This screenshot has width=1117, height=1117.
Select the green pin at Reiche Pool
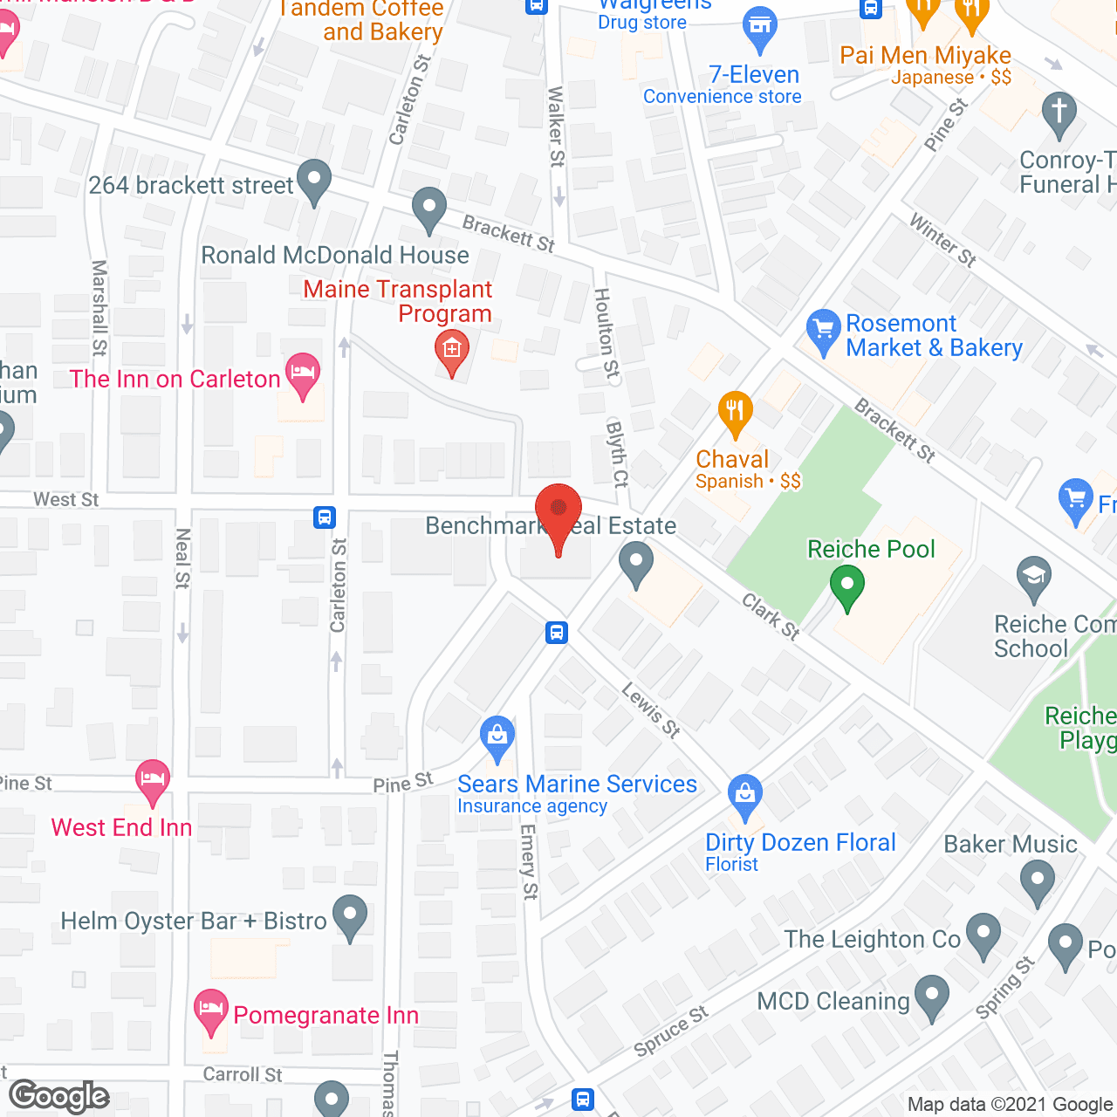[846, 586]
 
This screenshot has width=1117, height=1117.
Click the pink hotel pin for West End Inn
[153, 779]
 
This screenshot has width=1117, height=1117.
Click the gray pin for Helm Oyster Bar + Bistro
[350, 916]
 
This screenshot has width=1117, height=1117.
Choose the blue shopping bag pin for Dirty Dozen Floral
[744, 795]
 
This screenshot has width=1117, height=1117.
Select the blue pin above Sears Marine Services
[497, 737]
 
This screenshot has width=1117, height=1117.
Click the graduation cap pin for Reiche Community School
[1034, 578]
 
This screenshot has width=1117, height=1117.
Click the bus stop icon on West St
[325, 517]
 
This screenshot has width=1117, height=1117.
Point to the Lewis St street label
[650, 709]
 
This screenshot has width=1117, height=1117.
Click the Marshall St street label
[99, 308]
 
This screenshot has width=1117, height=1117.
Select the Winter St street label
[942, 240]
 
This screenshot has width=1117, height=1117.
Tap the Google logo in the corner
[59, 1096]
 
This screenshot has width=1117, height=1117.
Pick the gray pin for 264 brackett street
[314, 181]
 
